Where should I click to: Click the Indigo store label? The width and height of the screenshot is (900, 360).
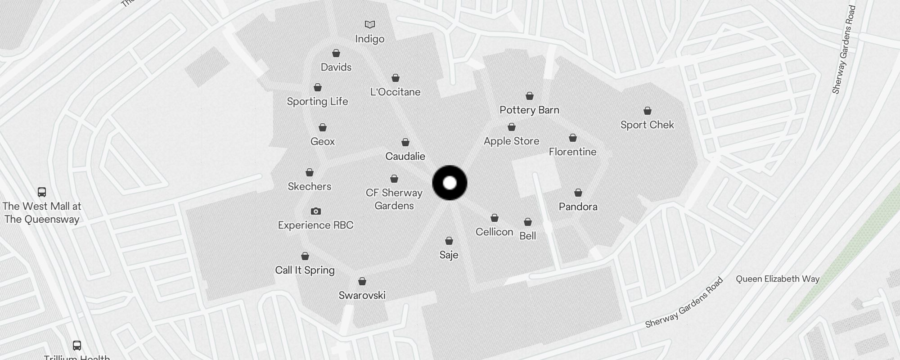[369, 39]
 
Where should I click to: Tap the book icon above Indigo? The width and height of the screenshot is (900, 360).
[369, 24]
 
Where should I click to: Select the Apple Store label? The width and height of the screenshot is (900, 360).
[511, 141]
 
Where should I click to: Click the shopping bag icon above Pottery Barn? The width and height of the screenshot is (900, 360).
[530, 96]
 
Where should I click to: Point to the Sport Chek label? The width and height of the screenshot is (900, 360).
[647, 125]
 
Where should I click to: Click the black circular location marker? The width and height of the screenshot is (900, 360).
[450, 183]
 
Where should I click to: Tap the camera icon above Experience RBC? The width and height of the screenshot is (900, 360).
[316, 211]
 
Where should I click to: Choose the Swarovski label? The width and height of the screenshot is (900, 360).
[362, 296]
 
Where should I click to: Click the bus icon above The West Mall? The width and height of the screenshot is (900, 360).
[42, 192]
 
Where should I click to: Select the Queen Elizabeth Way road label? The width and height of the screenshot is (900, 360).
[777, 279]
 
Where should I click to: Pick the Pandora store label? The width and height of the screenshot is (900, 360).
[578, 207]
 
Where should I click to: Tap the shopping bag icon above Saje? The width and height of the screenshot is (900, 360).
[449, 241]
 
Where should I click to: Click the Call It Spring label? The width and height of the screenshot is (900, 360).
[305, 270]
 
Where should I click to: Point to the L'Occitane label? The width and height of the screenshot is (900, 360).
[395, 92]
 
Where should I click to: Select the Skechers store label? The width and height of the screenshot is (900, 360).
[309, 187]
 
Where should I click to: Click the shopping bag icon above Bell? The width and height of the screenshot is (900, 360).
[528, 222]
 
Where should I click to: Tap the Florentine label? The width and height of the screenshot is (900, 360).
[572, 152]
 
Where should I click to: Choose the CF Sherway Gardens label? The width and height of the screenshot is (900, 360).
[394, 199]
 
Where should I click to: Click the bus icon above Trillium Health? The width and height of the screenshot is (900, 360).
[77, 346]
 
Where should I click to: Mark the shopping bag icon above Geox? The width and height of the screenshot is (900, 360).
[323, 128]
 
